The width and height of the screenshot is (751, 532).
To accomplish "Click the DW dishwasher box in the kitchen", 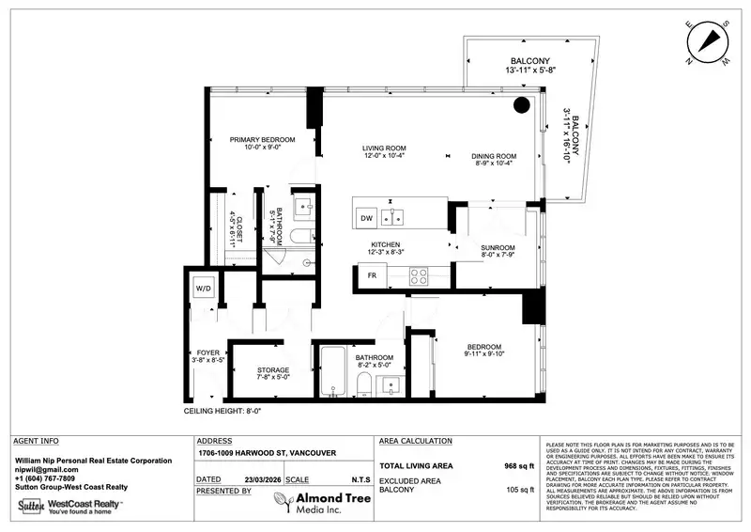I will coord(367,218).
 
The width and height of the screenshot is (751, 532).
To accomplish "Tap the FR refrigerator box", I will coord(372,276).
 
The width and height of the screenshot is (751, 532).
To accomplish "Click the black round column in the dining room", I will coord(520,105).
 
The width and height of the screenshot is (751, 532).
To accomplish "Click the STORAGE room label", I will coord(273,370).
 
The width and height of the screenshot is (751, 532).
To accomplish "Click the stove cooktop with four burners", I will coord(418,276).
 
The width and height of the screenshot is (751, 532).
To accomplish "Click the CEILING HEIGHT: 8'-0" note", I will coord(225,412).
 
